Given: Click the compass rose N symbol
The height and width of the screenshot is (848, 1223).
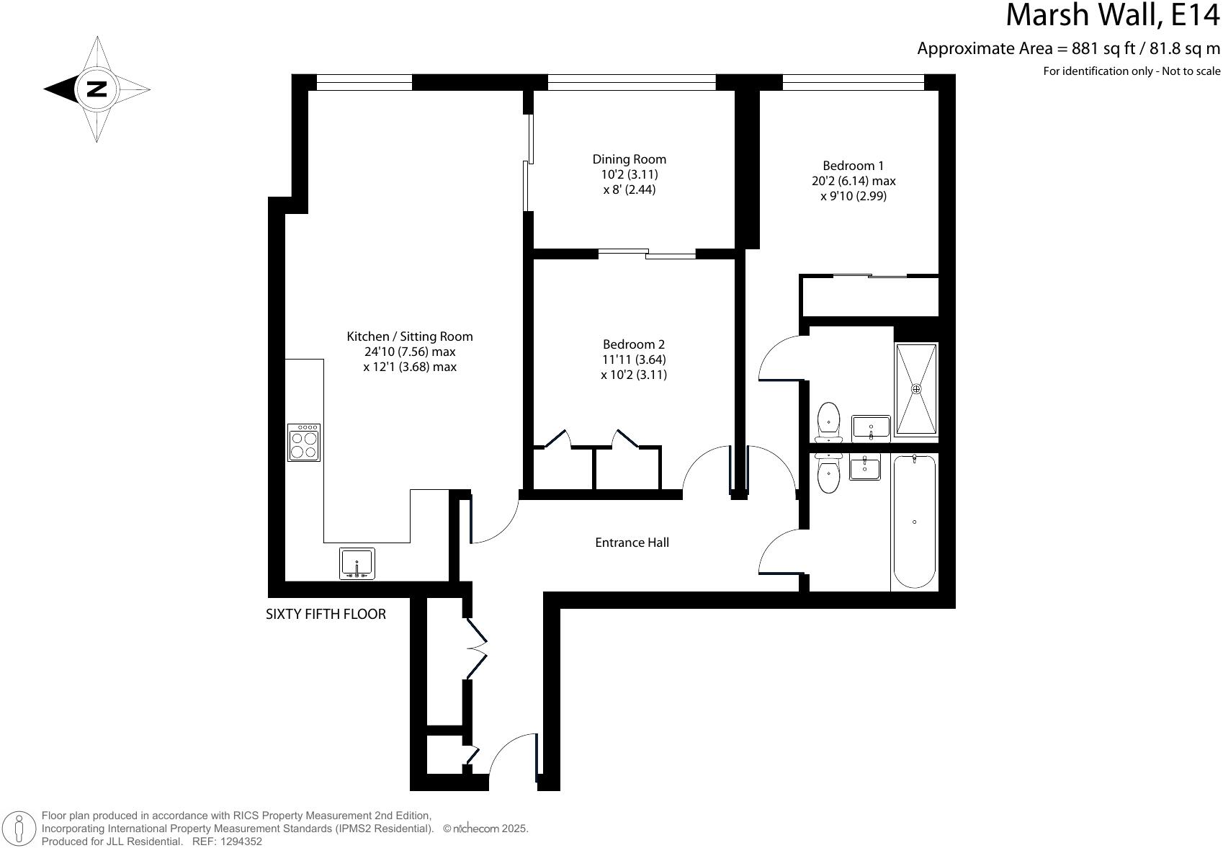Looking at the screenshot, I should (97, 89).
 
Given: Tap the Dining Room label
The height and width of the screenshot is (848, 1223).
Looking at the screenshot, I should (629, 159).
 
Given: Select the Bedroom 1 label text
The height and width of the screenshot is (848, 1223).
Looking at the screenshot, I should (853, 166).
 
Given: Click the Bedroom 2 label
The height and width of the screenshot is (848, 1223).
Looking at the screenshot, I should (633, 344).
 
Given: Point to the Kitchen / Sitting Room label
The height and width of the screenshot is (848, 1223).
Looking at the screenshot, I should (410, 336).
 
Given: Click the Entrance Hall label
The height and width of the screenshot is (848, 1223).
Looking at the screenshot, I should (632, 543).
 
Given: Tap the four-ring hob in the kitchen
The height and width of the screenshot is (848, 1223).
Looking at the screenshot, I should (304, 442).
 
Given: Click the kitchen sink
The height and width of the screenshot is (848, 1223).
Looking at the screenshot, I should (357, 563).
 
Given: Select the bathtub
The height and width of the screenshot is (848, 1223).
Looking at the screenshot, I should (914, 522).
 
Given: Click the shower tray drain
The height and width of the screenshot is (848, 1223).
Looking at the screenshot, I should (916, 389).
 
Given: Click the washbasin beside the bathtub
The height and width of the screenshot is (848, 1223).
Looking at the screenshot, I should (864, 468).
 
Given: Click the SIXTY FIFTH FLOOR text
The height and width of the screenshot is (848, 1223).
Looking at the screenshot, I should (326, 614).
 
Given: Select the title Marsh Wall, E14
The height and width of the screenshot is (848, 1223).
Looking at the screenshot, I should (1112, 16).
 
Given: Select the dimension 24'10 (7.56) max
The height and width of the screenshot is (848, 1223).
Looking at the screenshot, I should (410, 352).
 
